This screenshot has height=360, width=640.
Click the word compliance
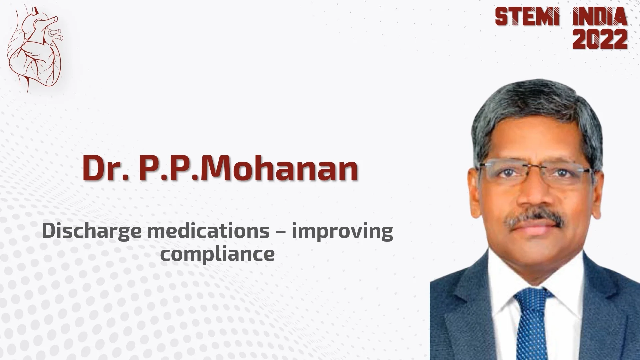pos(217,254)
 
